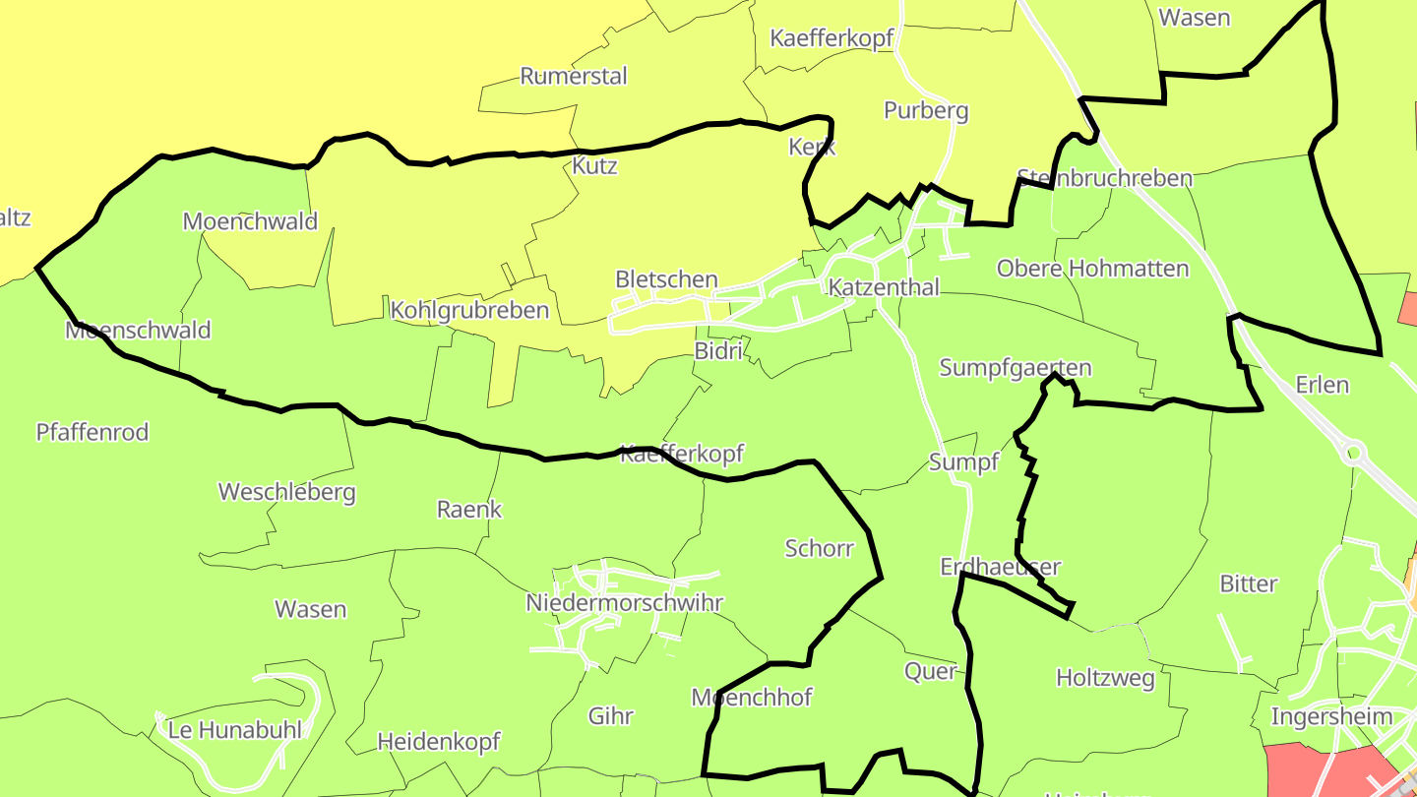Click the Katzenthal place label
884,287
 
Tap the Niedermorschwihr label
624,603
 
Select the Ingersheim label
1331,716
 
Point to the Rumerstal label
574,77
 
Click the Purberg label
926,111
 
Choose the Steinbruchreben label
1104,179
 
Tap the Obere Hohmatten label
1092,269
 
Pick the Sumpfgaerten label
1016,368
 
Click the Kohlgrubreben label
469,311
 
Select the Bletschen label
666,279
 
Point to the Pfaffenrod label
92,432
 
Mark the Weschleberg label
286,492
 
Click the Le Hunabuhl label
235,730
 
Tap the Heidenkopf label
439,742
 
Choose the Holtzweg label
1105,678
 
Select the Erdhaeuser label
1000,567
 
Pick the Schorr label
820,548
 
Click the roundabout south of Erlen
1353,454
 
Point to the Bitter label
1248,584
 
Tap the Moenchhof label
752,698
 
